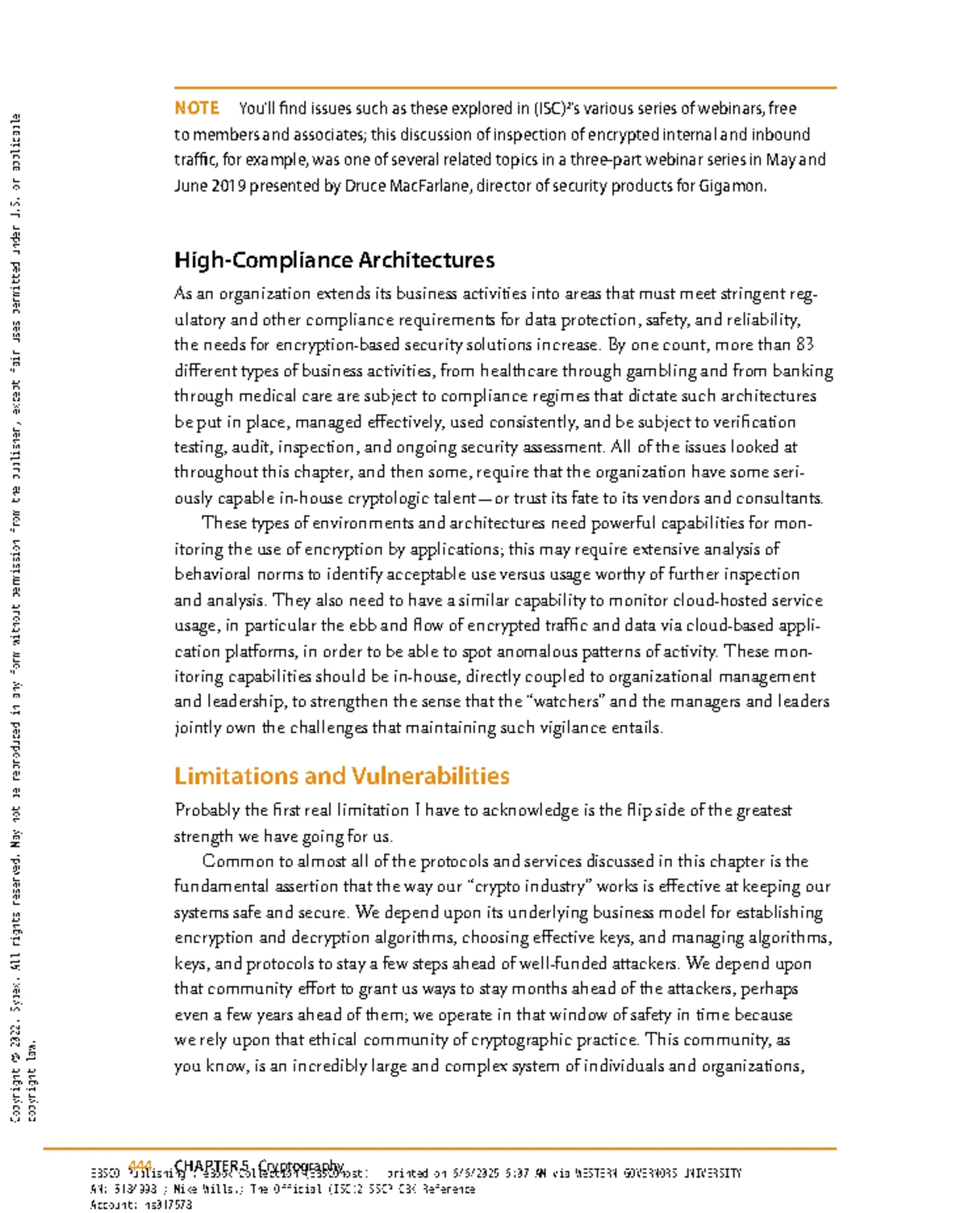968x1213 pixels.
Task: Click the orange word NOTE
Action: [x=197, y=108]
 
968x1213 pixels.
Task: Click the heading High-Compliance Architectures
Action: [x=334, y=261]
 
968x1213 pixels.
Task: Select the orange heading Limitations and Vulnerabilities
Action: [x=341, y=776]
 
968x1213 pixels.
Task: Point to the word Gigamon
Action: [x=732, y=185]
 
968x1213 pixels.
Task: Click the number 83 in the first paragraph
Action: [x=804, y=345]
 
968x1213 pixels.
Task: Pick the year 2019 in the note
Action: [x=228, y=185]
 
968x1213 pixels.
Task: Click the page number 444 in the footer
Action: [x=140, y=1165]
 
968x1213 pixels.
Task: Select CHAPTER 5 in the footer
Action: [x=212, y=1165]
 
